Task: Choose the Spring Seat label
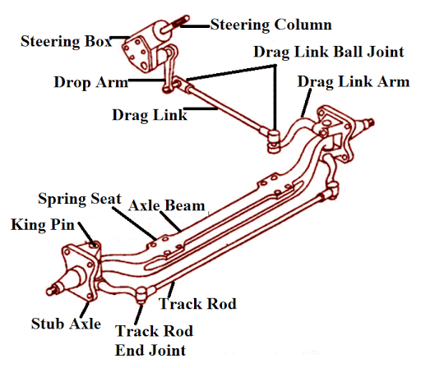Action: click(x=78, y=200)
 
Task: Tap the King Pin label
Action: click(x=39, y=223)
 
